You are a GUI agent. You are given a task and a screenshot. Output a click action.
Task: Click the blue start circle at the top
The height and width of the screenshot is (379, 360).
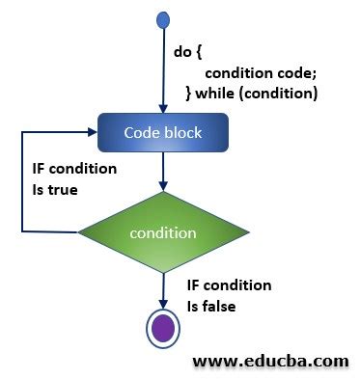click(x=162, y=19)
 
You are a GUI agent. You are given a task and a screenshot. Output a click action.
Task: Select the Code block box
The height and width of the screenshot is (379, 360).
click(x=163, y=132)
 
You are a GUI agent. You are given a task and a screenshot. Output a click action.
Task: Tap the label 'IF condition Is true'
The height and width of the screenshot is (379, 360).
click(x=69, y=179)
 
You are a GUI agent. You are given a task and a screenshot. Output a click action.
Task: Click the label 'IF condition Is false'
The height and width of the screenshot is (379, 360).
click(x=229, y=295)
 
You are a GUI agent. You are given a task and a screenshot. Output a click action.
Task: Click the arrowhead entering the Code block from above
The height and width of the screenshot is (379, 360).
click(x=163, y=109)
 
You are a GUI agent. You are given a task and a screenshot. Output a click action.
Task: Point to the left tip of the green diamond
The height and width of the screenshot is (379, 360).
click(x=79, y=233)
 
